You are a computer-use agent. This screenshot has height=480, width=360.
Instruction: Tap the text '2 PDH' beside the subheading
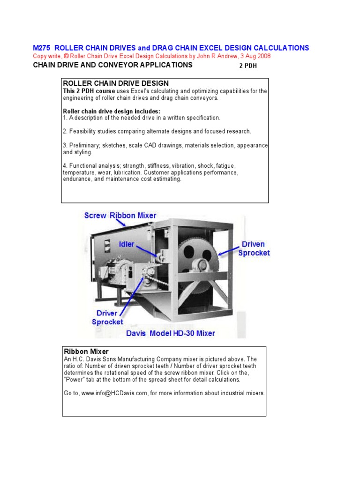point(248,66)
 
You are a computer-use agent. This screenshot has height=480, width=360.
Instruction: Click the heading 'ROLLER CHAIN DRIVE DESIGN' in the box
point(116,83)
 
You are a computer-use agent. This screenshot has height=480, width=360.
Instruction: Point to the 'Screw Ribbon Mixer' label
point(120,215)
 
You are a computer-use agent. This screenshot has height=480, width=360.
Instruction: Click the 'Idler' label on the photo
point(127,244)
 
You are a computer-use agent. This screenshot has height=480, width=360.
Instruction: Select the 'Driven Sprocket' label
point(254,248)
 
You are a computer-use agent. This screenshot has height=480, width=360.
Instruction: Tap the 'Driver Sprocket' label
point(107,317)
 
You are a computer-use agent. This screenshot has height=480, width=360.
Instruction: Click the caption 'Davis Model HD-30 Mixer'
point(171,333)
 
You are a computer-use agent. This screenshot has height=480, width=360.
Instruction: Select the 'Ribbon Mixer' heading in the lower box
point(86,351)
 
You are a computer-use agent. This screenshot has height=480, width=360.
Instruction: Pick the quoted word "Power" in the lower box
point(78,379)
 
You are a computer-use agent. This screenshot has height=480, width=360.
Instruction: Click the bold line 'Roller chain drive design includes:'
point(112,111)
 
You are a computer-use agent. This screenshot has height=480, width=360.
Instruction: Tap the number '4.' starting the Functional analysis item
point(66,166)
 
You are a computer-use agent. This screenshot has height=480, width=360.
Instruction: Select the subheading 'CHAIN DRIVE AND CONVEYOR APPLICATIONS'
point(112,65)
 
